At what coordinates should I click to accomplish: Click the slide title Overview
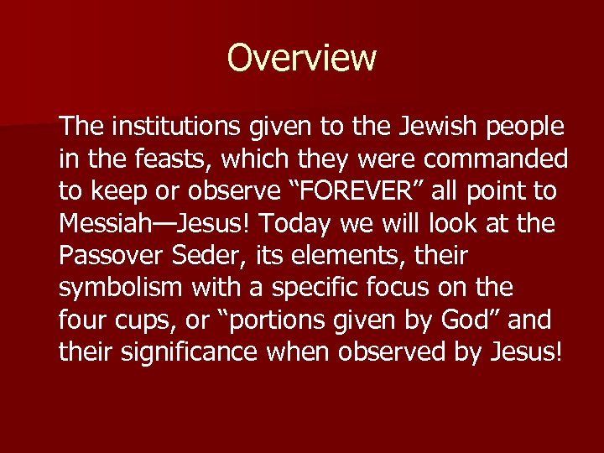tap(301, 58)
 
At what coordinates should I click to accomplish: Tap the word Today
tap(294, 224)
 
